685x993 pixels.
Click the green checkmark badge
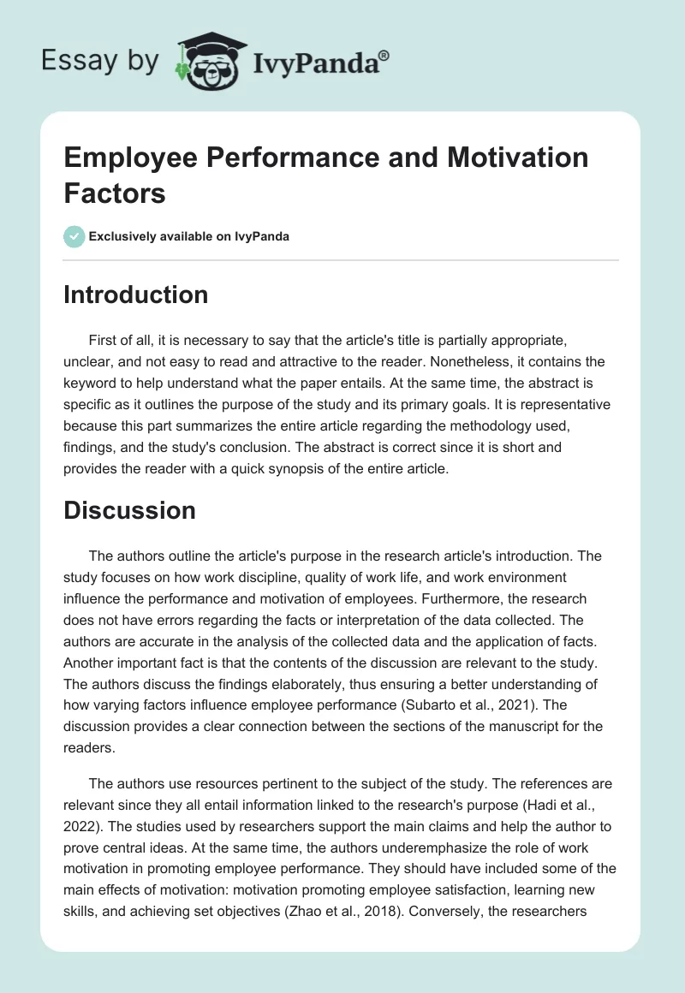[x=74, y=236]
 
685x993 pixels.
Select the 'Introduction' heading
[x=136, y=294]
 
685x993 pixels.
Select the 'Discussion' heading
[x=130, y=511]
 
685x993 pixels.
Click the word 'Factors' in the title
[x=115, y=193]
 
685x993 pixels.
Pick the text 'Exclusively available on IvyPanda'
[x=189, y=236]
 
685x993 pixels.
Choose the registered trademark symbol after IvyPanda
[x=384, y=54]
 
